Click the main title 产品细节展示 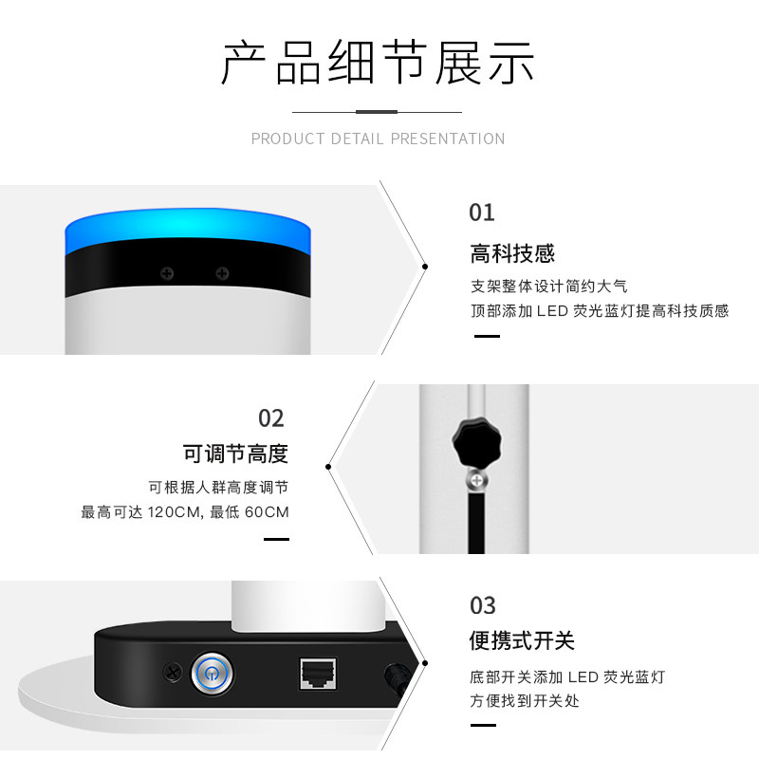[378, 63]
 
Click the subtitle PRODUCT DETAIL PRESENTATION [378, 139]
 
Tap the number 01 [482, 213]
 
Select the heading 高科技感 [512, 253]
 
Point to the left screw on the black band [167, 273]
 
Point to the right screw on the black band [222, 273]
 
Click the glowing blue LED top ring [187, 231]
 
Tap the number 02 [271, 418]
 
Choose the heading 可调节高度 [235, 454]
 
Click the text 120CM [174, 512]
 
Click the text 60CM [267, 512]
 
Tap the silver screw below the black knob [477, 481]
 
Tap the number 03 [483, 605]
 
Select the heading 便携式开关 [522, 641]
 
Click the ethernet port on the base [318, 673]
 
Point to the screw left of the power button [172, 672]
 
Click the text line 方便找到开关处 [525, 701]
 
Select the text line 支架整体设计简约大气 [549, 287]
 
